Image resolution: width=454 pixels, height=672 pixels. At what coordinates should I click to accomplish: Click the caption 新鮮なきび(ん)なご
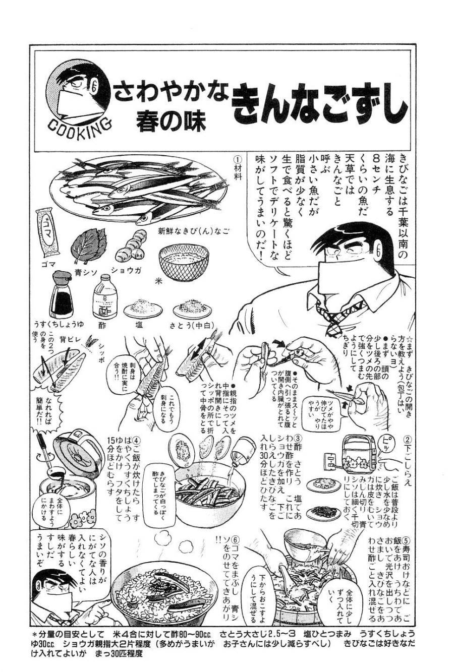pos(193,232)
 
